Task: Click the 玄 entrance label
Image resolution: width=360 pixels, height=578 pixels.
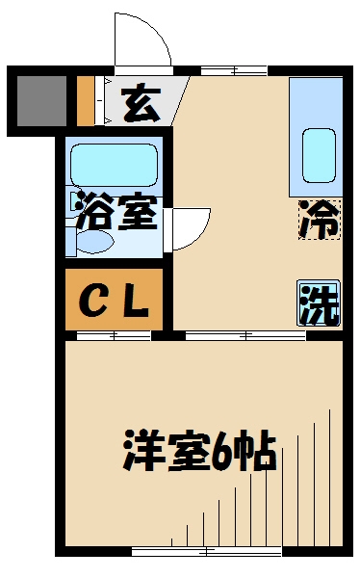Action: (x=141, y=102)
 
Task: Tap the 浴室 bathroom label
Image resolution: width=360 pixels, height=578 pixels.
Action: (x=115, y=213)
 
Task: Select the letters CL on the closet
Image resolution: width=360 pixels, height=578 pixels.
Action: (x=113, y=302)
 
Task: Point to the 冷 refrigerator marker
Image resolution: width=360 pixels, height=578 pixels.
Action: (x=319, y=220)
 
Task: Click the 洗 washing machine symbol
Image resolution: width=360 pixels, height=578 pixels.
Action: (x=318, y=304)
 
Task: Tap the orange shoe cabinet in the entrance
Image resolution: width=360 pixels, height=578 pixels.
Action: (x=85, y=100)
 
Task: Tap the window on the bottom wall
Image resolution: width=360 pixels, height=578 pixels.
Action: (x=206, y=551)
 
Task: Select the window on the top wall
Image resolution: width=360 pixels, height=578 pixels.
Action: (x=234, y=69)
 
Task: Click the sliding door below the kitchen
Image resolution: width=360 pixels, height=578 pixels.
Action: (x=245, y=335)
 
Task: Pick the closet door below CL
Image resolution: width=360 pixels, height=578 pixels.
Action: (x=114, y=335)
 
